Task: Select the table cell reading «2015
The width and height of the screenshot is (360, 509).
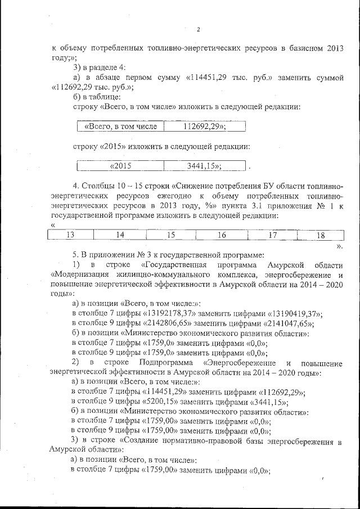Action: pyautogui.click(x=120, y=166)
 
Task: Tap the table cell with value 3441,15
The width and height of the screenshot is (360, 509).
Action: pyautogui.click(x=204, y=166)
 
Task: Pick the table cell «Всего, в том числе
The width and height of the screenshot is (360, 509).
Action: pyautogui.click(x=120, y=127)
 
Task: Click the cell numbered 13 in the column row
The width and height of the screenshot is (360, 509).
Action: pyautogui.click(x=71, y=235)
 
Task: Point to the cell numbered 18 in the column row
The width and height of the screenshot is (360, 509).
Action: pyautogui.click(x=321, y=235)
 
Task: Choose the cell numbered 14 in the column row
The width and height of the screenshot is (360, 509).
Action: pyautogui.click(x=120, y=235)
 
